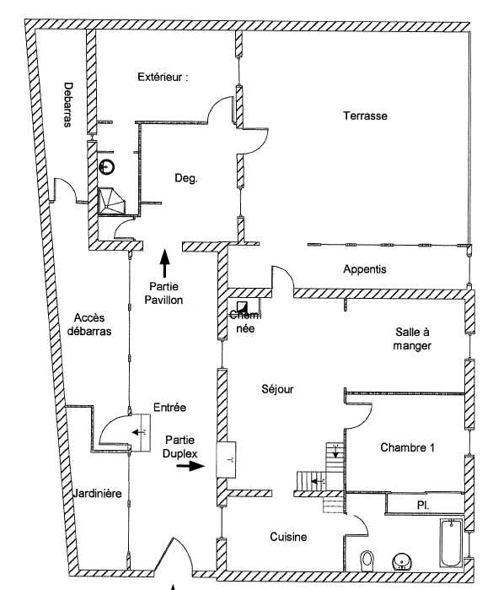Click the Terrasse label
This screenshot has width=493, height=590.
coord(365,116)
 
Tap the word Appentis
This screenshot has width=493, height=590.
coord(365,269)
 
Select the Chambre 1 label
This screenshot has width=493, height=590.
coord(407,447)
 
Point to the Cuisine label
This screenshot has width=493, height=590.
coord(288,537)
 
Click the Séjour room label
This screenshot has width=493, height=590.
coord(277,389)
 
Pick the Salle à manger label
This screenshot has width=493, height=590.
coord(412,338)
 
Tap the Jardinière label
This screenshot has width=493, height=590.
coord(97,493)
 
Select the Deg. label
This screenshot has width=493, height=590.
coord(186,178)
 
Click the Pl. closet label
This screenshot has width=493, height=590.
coord(423,505)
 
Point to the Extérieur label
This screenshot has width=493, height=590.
coord(163,77)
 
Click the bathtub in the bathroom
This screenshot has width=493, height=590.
coord(452,543)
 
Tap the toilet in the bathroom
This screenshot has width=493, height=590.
coord(367,561)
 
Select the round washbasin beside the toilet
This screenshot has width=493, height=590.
coord(402,562)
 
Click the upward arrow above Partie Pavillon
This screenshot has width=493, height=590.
coord(164,263)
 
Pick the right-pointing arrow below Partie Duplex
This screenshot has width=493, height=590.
coord(190,466)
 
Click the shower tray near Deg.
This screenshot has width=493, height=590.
coord(111,201)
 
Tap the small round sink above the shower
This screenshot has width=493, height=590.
coord(107,166)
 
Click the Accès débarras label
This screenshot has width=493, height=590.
coord(89,324)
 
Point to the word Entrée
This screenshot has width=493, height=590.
coord(169,407)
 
